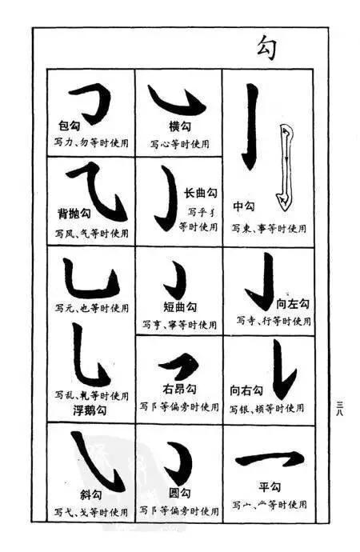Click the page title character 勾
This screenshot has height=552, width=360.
[x=267, y=47]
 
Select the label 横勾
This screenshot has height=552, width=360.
[x=178, y=126]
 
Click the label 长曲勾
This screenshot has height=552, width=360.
[x=201, y=193]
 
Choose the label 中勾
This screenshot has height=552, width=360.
[x=242, y=206]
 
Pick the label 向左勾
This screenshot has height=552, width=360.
[x=292, y=304]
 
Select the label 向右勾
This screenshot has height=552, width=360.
[x=246, y=390]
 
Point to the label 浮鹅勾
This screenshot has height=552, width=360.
[x=90, y=410]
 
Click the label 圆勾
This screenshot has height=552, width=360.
[x=180, y=493]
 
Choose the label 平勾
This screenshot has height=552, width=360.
[x=267, y=486]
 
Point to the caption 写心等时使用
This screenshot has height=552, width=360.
[x=179, y=144]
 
